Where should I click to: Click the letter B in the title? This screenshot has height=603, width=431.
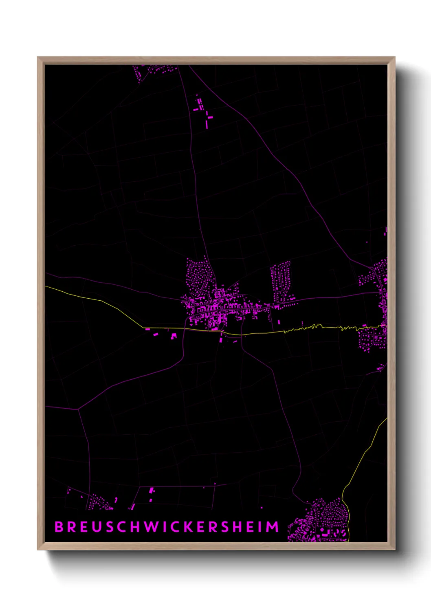(x=59, y=526)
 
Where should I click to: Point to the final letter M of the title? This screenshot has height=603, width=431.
(x=273, y=526)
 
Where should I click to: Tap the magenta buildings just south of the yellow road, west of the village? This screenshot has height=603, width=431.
(x=165, y=334)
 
